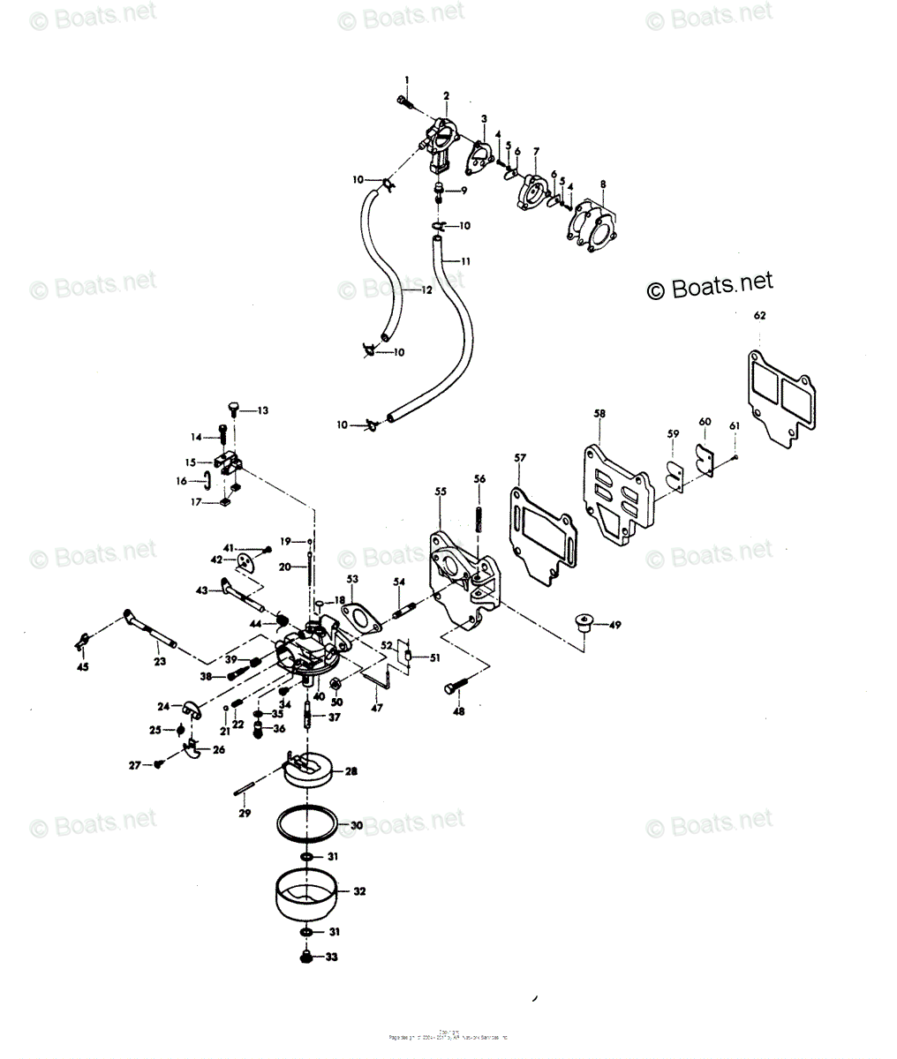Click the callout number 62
(x=760, y=315)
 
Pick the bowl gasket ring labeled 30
(x=305, y=825)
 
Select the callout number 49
(x=614, y=625)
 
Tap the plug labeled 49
(x=583, y=622)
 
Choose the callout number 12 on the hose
(x=426, y=290)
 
